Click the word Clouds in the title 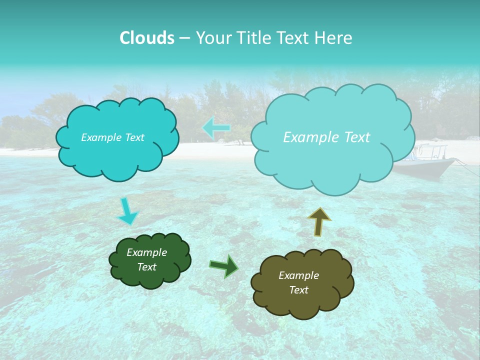(x=146, y=37)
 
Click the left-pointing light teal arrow (x=217, y=128)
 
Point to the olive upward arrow (x=319, y=221)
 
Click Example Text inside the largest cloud (x=326, y=137)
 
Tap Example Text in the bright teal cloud (x=112, y=137)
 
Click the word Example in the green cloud (x=147, y=252)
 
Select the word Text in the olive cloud (x=298, y=290)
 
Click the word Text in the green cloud (x=147, y=267)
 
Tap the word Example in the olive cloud (x=298, y=275)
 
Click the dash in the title (x=184, y=38)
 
